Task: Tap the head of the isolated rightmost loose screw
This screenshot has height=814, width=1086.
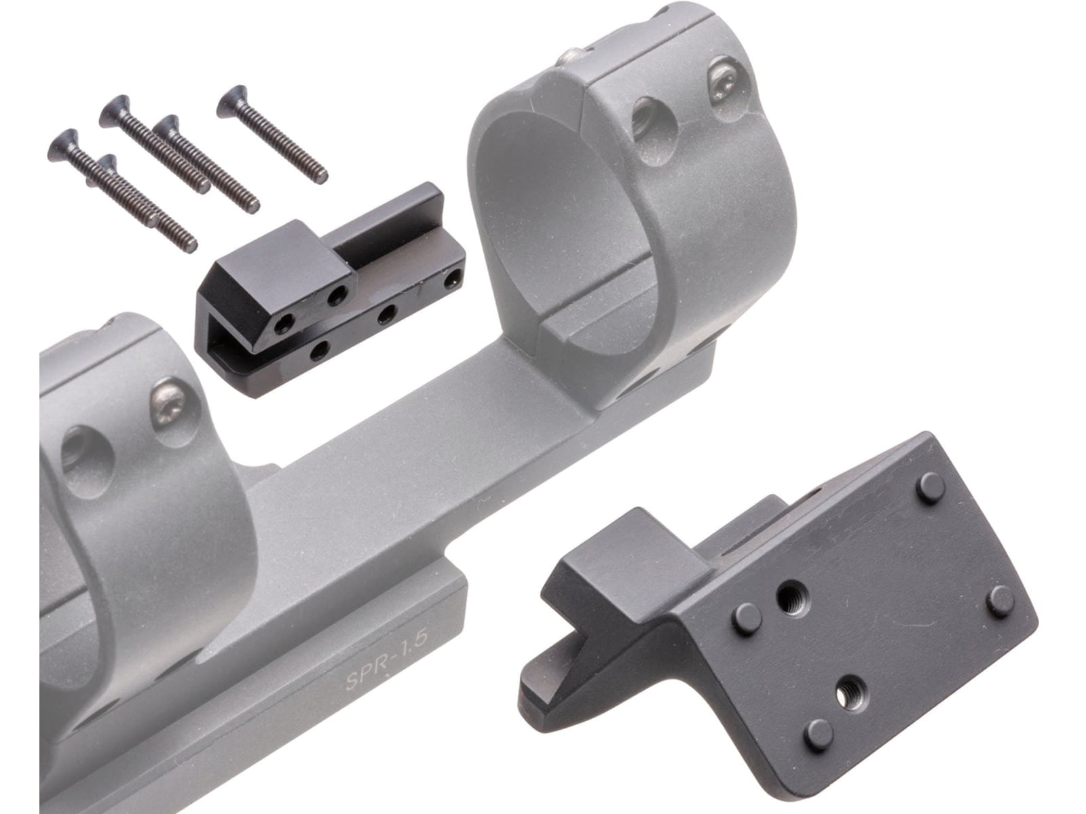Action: [231, 100]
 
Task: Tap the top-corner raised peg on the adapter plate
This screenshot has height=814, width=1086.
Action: [931, 486]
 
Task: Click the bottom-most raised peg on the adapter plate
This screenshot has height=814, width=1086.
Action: [819, 734]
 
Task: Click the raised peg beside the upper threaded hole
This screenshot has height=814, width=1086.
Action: [747, 619]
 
